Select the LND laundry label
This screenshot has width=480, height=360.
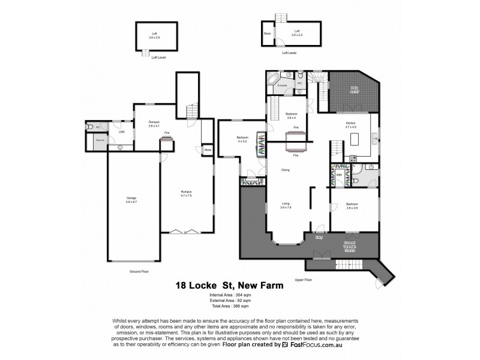(121, 131)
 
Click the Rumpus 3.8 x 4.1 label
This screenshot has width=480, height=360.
(154, 124)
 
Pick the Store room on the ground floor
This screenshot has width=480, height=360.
(208, 149)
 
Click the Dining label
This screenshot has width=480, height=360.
(286, 170)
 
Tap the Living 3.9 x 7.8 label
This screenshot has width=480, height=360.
(286, 205)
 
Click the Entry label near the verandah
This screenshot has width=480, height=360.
(320, 237)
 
